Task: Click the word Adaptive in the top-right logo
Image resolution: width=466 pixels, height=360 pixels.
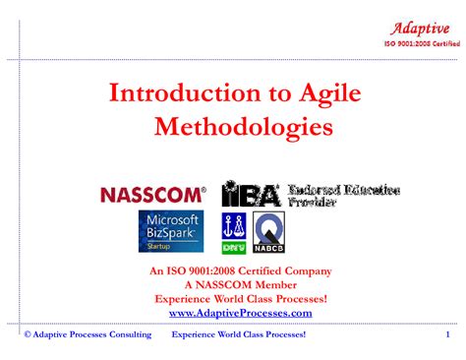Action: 420,28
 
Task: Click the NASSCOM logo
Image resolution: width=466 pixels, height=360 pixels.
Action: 153,194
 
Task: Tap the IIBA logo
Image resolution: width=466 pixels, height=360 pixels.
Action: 251,193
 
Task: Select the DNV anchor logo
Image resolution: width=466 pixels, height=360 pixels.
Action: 234,233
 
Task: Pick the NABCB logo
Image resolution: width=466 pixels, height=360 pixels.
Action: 268,233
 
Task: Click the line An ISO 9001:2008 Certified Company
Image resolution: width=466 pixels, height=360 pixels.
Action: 240,271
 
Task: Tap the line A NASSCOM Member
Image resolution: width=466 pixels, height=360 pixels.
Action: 240,285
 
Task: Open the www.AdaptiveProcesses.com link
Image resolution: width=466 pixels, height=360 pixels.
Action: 241,313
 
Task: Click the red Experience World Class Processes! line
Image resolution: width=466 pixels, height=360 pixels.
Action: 241,299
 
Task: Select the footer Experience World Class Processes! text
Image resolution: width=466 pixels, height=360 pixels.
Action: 239,335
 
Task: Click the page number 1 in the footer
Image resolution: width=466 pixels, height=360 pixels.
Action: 446,335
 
